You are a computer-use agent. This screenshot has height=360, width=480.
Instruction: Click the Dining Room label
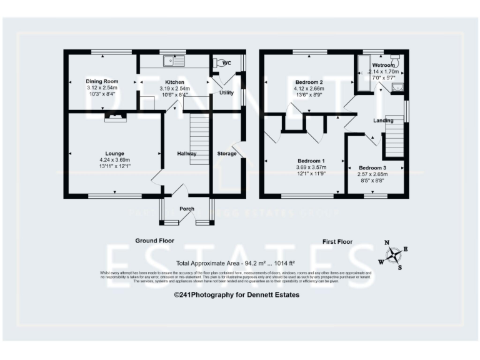(x=102, y=82)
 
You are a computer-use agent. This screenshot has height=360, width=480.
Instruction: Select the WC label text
(x=227, y=62)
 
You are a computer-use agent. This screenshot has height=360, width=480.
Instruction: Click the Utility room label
(x=226, y=92)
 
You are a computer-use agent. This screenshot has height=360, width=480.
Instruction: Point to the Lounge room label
(x=114, y=153)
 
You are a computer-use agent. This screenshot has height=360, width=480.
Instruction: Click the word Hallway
(x=187, y=154)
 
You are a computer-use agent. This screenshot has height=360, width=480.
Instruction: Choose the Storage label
(x=227, y=153)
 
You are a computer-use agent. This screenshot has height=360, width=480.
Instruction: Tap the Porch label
(x=187, y=209)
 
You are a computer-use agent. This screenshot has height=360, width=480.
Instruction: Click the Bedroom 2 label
(x=309, y=82)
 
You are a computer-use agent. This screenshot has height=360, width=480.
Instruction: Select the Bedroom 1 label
(x=309, y=161)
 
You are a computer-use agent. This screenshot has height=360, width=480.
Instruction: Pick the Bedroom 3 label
(x=372, y=167)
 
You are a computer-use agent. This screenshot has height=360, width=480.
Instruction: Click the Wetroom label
(x=383, y=65)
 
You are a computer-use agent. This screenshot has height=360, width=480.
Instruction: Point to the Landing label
(x=383, y=120)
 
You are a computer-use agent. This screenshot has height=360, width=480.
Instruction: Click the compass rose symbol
(x=394, y=254)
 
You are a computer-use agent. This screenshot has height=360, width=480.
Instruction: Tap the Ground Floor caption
(x=155, y=241)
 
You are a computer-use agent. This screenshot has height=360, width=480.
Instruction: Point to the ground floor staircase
(x=198, y=140)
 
